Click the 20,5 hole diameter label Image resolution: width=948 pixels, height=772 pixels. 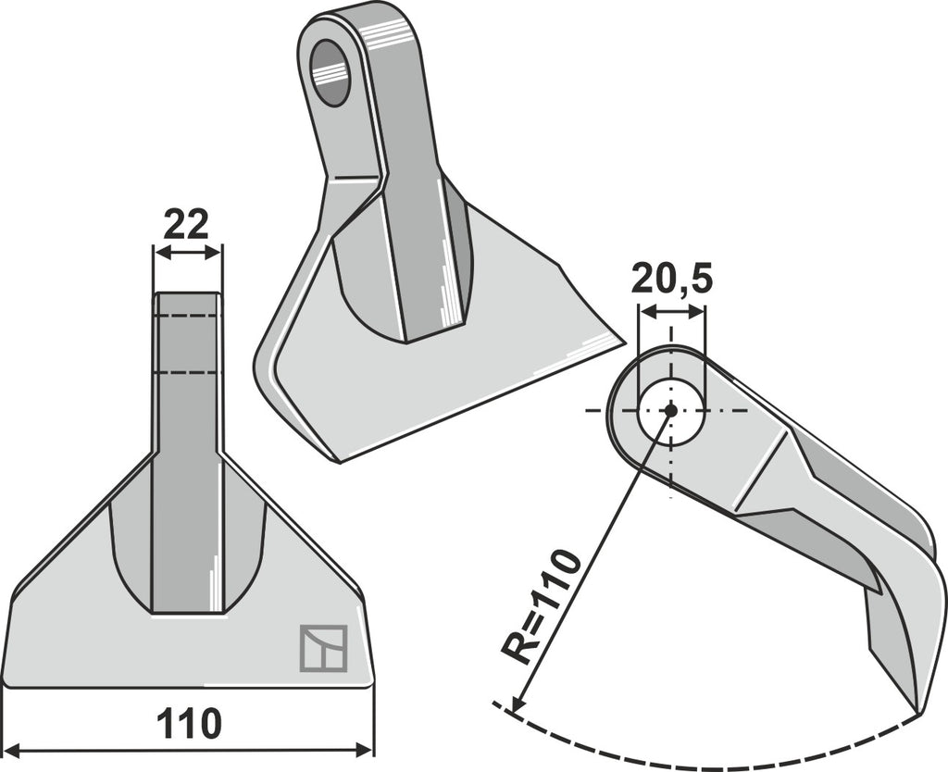(x=672, y=280)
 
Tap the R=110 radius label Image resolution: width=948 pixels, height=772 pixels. (x=540, y=605)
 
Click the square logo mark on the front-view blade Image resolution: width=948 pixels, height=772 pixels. (x=323, y=648)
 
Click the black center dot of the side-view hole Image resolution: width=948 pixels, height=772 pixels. (x=670, y=410)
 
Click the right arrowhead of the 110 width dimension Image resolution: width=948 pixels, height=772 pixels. (x=365, y=751)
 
